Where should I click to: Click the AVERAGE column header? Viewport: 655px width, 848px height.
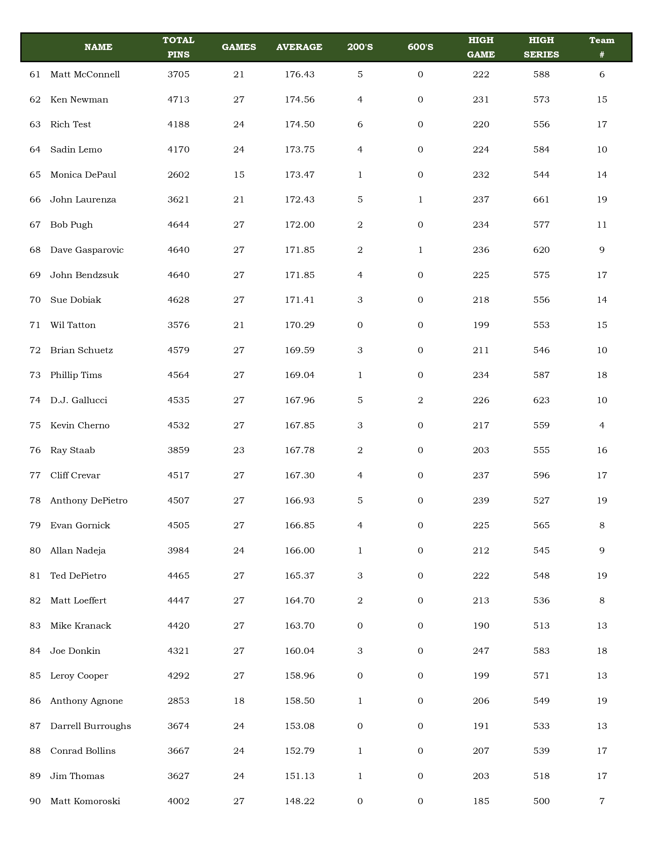pos(299,47)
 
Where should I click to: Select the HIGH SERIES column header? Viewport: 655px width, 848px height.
pos(541,47)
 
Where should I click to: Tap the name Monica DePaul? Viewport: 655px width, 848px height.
pos(83,175)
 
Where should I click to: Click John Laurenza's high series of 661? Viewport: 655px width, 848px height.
pos(541,200)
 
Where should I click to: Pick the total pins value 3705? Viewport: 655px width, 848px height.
pos(179,74)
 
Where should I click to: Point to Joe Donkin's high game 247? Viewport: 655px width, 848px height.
pos(481,651)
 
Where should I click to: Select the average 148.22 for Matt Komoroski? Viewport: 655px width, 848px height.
pos(299,801)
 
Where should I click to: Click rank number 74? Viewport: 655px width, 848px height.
pos(35,400)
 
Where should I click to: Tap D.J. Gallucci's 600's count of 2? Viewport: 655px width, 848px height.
pos(420,400)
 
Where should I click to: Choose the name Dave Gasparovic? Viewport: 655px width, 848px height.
pos(87,250)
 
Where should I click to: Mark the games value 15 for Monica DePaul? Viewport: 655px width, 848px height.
pos(239,175)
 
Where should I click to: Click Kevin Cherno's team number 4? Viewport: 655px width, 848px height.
pos(601,425)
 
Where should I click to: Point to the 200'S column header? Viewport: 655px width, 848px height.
pos(360,47)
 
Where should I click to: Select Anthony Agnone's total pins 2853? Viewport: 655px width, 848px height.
pos(179,701)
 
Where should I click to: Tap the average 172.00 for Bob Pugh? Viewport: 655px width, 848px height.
pos(299,225)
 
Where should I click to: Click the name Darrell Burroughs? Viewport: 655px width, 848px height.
pos(90,726)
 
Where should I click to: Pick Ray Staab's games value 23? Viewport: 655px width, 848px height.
pos(239,450)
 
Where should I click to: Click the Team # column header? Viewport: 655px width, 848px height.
pos(601,47)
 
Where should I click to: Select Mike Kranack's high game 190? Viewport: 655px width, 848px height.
pos(481,625)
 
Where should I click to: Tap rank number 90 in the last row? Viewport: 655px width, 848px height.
pos(35,801)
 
